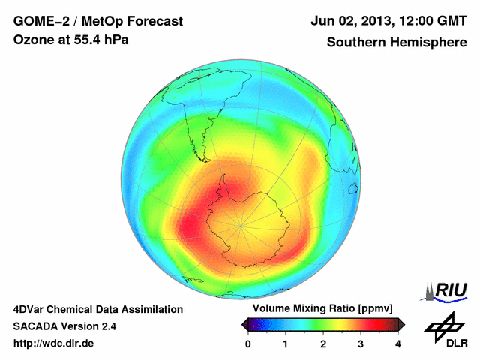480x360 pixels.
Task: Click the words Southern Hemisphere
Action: [x=396, y=43]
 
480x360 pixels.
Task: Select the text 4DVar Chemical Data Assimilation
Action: [x=97, y=309]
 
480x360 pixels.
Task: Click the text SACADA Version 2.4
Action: [x=64, y=326]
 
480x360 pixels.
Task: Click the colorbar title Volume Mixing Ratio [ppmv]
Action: [x=323, y=309]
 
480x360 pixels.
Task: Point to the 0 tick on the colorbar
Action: [x=248, y=343]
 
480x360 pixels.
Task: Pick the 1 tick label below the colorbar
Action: [x=286, y=343]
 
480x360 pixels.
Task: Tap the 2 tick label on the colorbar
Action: [x=323, y=343]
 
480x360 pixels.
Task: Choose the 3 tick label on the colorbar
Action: [x=361, y=343]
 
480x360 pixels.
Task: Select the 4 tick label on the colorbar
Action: [x=398, y=343]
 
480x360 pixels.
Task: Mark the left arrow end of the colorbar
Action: [x=245, y=324]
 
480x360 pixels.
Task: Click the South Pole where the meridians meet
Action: [x=240, y=223]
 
